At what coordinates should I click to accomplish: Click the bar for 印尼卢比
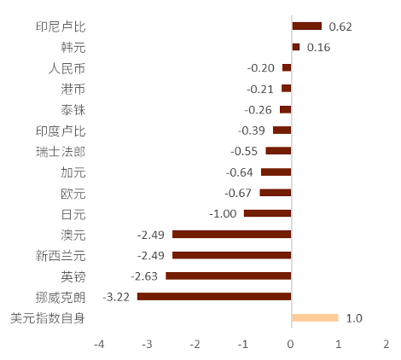(x=307, y=26)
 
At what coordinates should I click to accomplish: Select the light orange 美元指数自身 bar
(x=316, y=317)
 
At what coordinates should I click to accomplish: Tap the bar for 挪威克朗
(x=214, y=297)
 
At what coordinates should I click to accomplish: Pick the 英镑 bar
(x=229, y=276)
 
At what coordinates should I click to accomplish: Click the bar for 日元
(x=268, y=213)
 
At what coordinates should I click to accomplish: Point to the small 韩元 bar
(x=296, y=47)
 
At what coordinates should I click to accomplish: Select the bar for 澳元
(x=232, y=235)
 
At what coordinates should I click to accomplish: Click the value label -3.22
(x=116, y=297)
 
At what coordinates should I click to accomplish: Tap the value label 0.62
(x=340, y=26)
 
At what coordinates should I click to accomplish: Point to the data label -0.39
(x=252, y=131)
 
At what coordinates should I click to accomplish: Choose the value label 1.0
(x=354, y=318)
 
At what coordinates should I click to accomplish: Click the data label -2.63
(x=144, y=276)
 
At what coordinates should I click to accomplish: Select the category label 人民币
(x=67, y=68)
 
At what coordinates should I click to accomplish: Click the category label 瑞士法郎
(x=61, y=152)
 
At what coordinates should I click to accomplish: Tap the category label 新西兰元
(x=61, y=256)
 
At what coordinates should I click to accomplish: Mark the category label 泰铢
(x=73, y=110)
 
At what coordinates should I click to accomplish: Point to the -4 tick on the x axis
(x=99, y=345)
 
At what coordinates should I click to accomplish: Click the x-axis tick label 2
(x=386, y=345)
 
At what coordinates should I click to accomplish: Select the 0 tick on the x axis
(x=290, y=345)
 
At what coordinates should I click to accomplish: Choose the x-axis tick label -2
(x=195, y=345)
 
